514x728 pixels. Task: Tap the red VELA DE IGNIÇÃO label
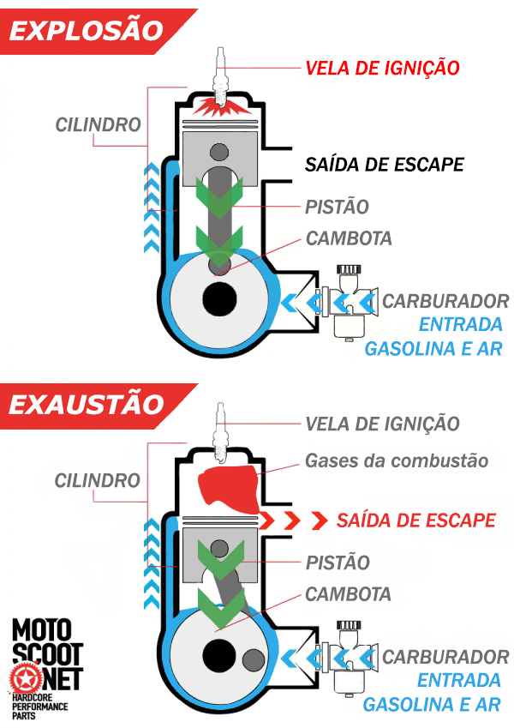click(x=382, y=68)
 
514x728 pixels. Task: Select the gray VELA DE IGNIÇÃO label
click(x=382, y=424)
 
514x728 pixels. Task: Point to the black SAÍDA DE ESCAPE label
click(x=384, y=165)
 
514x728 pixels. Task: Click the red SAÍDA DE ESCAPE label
click(x=416, y=520)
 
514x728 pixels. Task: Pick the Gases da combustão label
click(x=397, y=460)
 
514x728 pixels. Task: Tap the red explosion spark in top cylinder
click(x=221, y=106)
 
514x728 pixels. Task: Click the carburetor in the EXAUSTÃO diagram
click(x=349, y=659)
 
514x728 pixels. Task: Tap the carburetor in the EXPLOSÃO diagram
click(x=349, y=302)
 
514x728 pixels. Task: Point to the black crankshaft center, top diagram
click(x=220, y=299)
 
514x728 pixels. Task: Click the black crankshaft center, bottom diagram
click(x=220, y=655)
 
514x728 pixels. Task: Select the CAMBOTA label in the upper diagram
click(x=349, y=238)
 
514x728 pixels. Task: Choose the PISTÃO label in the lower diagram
click(x=338, y=563)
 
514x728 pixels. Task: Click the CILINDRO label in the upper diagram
click(x=98, y=124)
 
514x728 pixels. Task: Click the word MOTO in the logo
click(x=42, y=629)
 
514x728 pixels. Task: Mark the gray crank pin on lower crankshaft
click(x=254, y=659)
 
